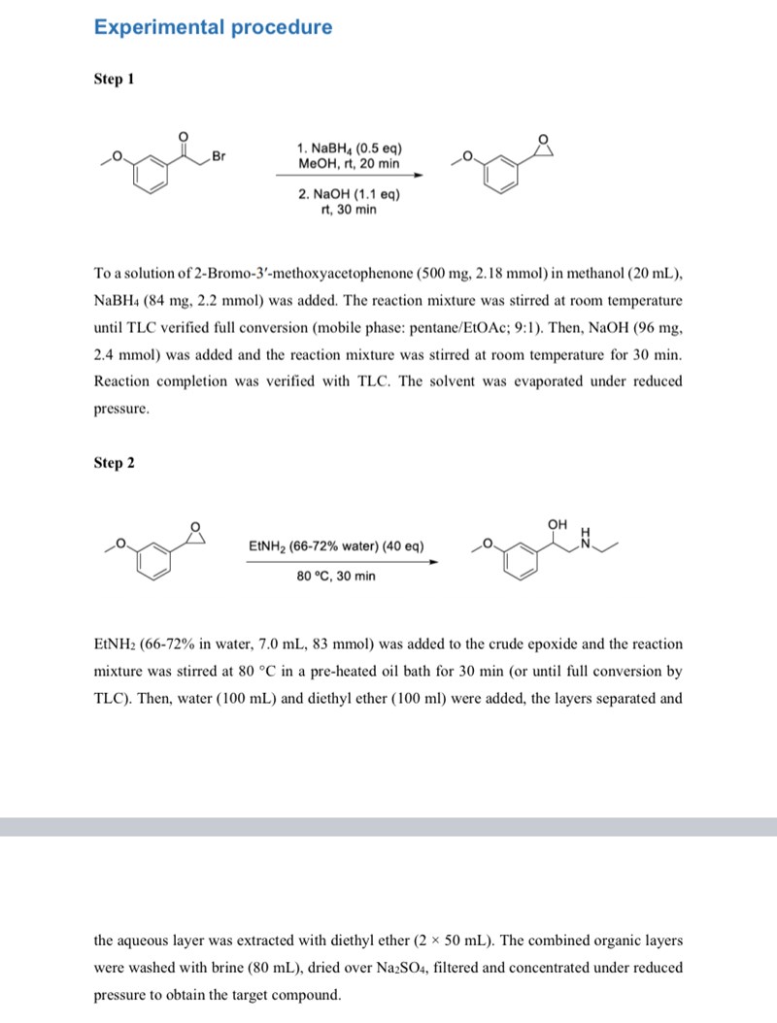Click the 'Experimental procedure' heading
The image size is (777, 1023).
[x=213, y=27]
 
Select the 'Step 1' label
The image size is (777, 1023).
[x=114, y=79]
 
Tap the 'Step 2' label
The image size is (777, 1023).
[x=114, y=463]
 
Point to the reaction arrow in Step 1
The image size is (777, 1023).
[x=349, y=176]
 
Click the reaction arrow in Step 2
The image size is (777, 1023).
[x=341, y=560]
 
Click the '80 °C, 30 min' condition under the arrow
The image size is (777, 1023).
[x=336, y=576]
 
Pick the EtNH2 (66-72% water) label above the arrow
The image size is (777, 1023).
[x=336, y=546]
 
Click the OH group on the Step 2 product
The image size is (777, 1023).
[x=557, y=524]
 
